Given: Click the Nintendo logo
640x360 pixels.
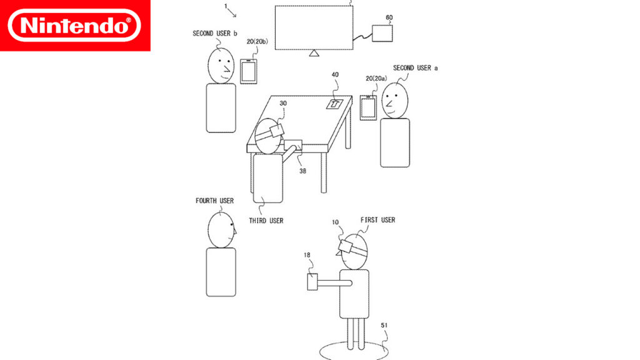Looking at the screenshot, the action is coord(75,25).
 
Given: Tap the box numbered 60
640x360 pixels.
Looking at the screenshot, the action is coord(382,33).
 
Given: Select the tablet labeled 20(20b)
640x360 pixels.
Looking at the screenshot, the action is coord(249,71).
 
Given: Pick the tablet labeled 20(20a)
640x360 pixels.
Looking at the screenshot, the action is coord(368,107).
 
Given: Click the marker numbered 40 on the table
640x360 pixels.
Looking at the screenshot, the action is coord(334,104).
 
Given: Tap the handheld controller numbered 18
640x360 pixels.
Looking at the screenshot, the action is coord(312,282).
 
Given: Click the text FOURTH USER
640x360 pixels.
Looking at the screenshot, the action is coord(215,201).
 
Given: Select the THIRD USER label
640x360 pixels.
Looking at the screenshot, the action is coord(266,221).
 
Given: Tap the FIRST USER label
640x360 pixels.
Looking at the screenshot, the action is coord(378,220).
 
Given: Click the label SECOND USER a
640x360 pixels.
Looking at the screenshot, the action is coord(416,68).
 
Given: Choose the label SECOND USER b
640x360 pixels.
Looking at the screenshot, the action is coord(215,34).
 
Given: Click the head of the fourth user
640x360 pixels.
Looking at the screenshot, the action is coord(221,230).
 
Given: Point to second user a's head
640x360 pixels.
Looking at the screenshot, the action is coord(395,101).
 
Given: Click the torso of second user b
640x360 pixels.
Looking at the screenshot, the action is coord(221,108).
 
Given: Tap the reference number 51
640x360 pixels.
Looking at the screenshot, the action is coord(384,325).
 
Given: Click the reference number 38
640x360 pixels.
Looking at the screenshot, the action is coord(302,171).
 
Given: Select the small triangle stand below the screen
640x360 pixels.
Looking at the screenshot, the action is coord(314,53).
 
